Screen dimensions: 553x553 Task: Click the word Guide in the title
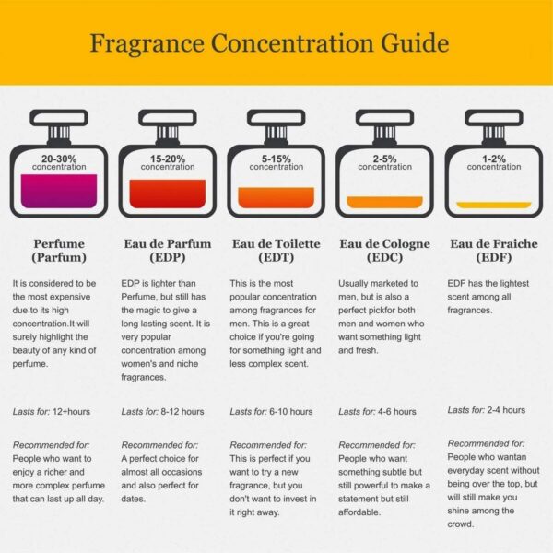click(x=415, y=43)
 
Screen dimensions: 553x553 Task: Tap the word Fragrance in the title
click(x=147, y=44)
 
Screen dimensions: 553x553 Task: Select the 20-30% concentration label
click(x=59, y=162)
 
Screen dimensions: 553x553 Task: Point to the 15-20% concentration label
click(x=168, y=162)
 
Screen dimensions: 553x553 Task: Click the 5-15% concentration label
click(x=276, y=162)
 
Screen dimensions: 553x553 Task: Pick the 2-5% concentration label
click(x=384, y=162)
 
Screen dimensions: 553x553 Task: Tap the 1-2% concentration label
click(x=494, y=162)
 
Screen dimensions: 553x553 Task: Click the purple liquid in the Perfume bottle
click(x=59, y=191)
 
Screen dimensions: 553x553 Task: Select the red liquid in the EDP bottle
click(x=168, y=194)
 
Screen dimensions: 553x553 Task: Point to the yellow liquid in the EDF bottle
click(x=494, y=205)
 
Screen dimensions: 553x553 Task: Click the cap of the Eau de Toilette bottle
click(x=276, y=118)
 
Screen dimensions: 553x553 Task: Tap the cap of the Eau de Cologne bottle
click(x=384, y=118)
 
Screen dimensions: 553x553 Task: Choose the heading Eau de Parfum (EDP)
click(x=168, y=251)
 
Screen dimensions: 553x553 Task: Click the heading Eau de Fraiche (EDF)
click(x=494, y=251)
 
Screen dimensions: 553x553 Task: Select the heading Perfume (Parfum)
click(x=59, y=251)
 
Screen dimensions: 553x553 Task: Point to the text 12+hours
click(x=71, y=412)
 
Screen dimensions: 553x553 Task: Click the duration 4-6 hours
click(x=396, y=412)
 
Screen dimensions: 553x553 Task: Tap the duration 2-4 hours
click(x=506, y=410)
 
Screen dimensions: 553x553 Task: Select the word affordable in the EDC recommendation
click(x=359, y=512)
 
